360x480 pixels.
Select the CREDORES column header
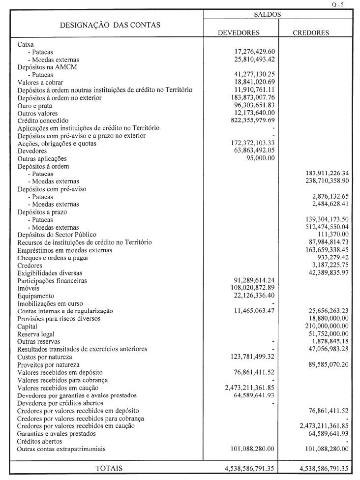[311, 33]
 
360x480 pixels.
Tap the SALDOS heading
[268, 15]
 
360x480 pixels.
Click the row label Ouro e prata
[33, 105]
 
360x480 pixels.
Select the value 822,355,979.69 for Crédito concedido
[250, 120]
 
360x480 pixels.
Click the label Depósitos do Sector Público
[57, 235]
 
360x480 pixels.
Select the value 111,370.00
[330, 235]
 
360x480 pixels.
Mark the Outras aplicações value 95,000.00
[260, 158]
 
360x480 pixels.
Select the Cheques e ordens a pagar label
[53, 258]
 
